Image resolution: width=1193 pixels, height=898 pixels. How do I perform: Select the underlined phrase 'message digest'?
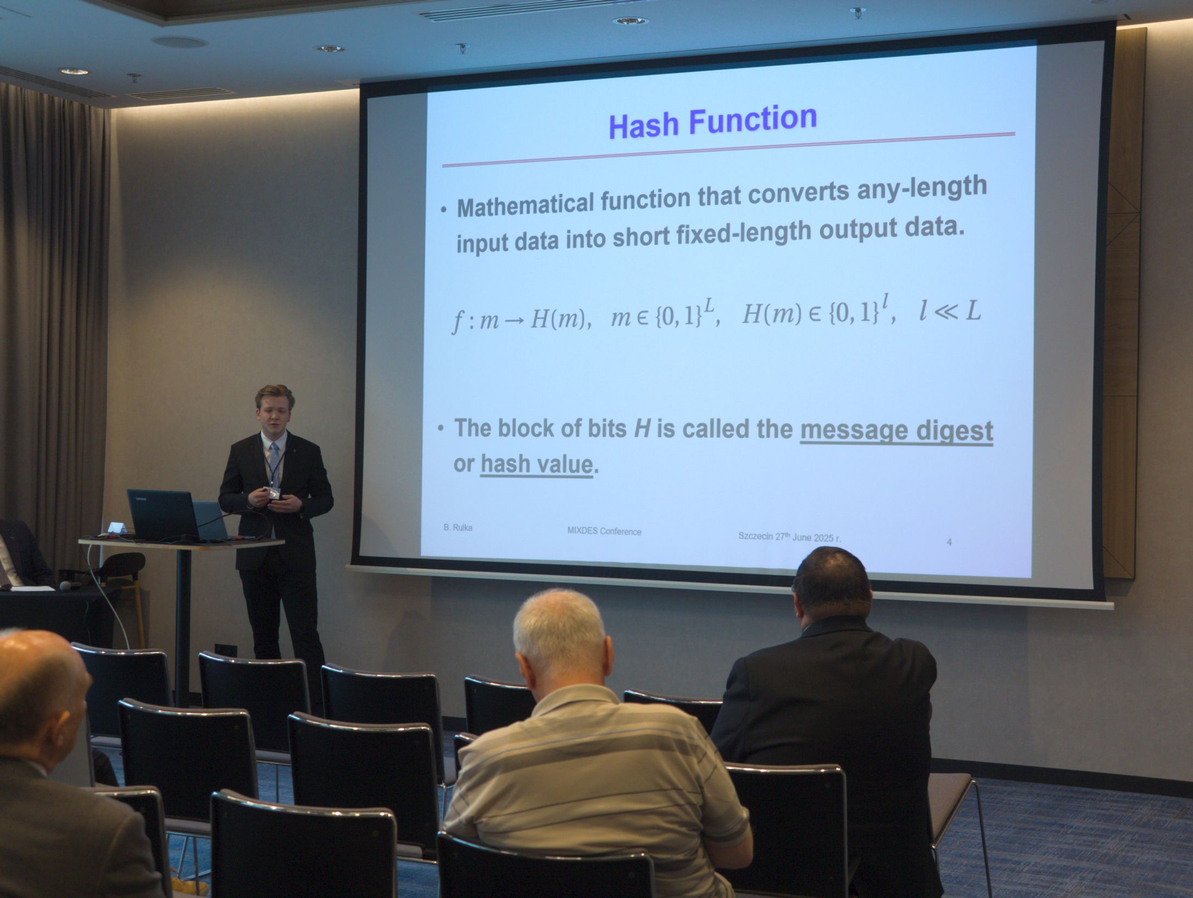(897, 432)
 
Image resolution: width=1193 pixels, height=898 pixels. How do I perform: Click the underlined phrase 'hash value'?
(537, 465)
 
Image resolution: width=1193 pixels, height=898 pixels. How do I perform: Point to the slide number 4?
(949, 542)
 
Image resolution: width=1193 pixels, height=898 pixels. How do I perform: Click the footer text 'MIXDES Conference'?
(604, 531)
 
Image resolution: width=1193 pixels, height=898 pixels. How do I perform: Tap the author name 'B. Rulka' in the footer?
(458, 527)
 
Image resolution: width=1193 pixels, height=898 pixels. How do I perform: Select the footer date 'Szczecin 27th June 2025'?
(790, 537)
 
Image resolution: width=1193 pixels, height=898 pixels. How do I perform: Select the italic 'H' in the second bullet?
(642, 429)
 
